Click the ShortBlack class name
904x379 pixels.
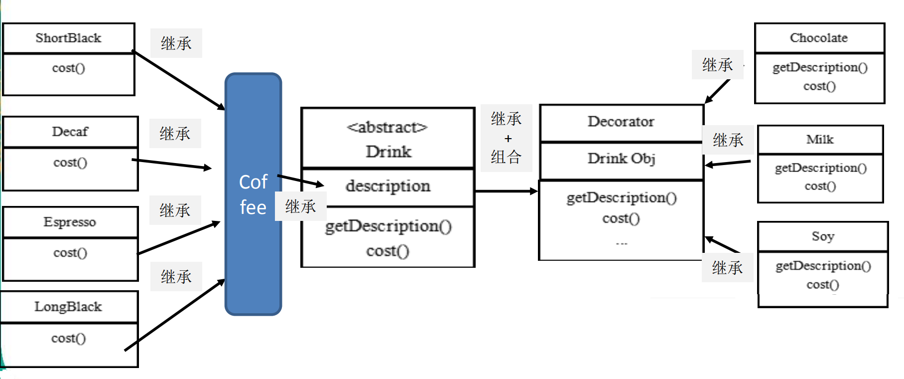pyautogui.click(x=68, y=38)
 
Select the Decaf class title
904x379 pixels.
pyautogui.click(x=70, y=132)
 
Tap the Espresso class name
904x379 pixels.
pyautogui.click(x=70, y=222)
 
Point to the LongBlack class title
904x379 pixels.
pyautogui.click(x=68, y=307)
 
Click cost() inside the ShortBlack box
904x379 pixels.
pyautogui.click(x=68, y=68)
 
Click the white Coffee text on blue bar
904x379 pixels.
pyautogui.click(x=253, y=194)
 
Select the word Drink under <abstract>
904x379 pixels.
pyautogui.click(x=388, y=152)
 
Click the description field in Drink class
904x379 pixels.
pyautogui.click(x=387, y=186)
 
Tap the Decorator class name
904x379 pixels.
pyautogui.click(x=621, y=122)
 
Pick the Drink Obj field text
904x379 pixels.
pyautogui.click(x=621, y=159)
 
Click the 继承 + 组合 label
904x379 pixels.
pyautogui.click(x=506, y=138)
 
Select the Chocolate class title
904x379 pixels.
pyautogui.click(x=818, y=38)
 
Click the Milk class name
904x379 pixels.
pyautogui.click(x=819, y=140)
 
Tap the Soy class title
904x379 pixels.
pyautogui.click(x=822, y=236)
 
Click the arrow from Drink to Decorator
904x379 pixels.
pyautogui.click(x=506, y=191)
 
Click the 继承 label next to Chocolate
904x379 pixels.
pyautogui.click(x=717, y=65)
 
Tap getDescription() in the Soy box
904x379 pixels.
pyautogui.click(x=823, y=266)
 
